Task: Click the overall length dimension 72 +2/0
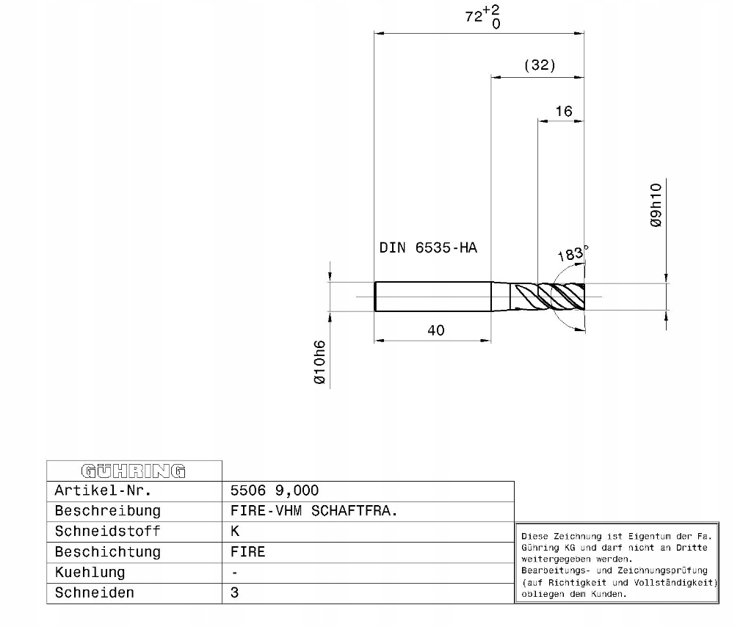[x=482, y=17]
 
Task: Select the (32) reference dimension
[x=540, y=65]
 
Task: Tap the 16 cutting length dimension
[x=564, y=112]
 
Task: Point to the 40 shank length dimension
[x=436, y=330]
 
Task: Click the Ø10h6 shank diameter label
[x=319, y=362]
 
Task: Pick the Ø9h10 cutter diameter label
[x=656, y=205]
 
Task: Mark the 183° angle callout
[x=572, y=253]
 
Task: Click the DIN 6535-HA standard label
[x=428, y=247]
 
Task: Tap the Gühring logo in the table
[x=133, y=471]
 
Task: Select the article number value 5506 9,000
[x=274, y=490]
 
